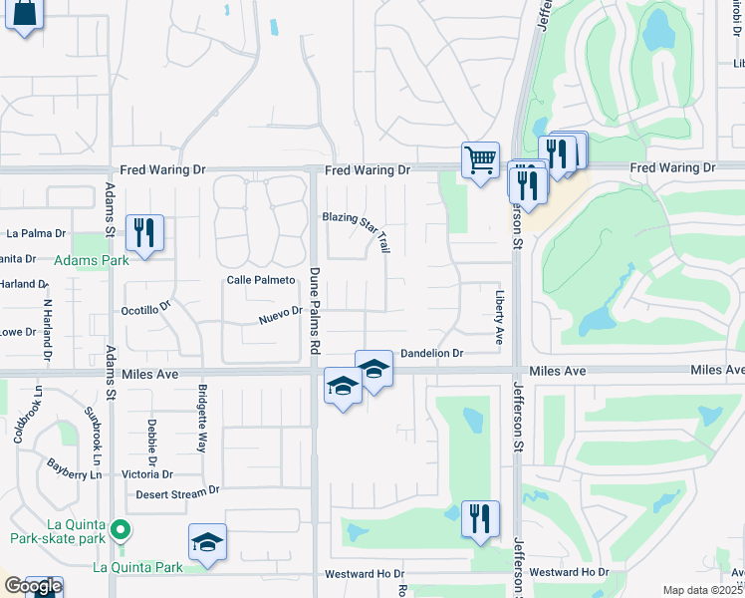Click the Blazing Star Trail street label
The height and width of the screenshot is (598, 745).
coord(357,228)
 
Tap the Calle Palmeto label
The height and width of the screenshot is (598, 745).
coord(262,281)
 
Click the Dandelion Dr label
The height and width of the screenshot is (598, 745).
coord(432,354)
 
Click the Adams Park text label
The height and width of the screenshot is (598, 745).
coord(92,261)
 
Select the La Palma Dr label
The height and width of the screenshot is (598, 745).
coord(36,233)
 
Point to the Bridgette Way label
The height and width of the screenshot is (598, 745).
coord(202,417)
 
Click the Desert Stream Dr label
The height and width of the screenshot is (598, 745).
coord(177,491)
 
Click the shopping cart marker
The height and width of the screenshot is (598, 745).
coord(480,159)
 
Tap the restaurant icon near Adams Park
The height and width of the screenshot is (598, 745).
coord(144,233)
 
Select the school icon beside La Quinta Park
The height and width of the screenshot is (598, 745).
coord(207,542)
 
